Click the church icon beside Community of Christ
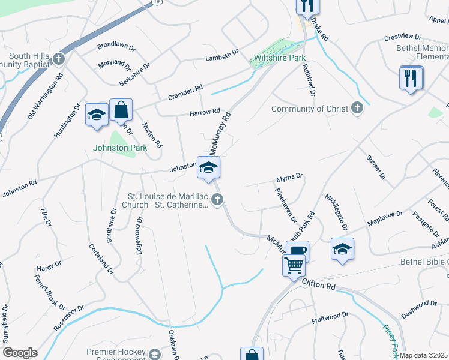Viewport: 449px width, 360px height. point(357,108)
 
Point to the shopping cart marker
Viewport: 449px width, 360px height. point(294,265)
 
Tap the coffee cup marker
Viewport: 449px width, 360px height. point(297,250)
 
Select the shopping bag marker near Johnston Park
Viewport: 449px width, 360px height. point(121,110)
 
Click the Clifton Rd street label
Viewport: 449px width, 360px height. point(318,284)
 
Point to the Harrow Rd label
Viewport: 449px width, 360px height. point(205,112)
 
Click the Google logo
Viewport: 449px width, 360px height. point(20,353)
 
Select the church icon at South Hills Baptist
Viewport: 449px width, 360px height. point(58,58)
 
